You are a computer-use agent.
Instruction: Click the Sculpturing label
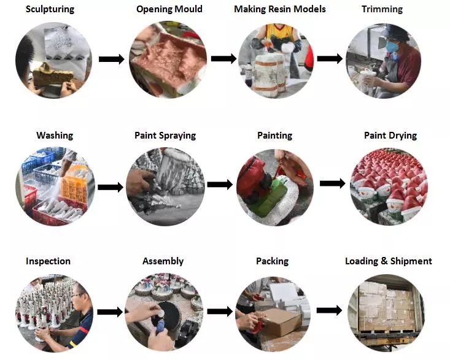50,10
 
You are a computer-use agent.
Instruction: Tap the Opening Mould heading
169,10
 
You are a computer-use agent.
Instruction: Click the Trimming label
382,10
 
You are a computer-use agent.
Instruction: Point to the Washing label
55,136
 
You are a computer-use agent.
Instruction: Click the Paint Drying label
390,136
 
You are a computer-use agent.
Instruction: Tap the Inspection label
48,261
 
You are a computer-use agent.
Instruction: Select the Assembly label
163,261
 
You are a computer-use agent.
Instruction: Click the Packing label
272,261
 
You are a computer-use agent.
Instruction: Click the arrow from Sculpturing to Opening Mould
112,59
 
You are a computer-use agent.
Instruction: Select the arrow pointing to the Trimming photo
330,59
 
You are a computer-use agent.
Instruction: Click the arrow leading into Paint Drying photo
332,183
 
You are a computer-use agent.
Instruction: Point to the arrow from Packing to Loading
330,310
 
